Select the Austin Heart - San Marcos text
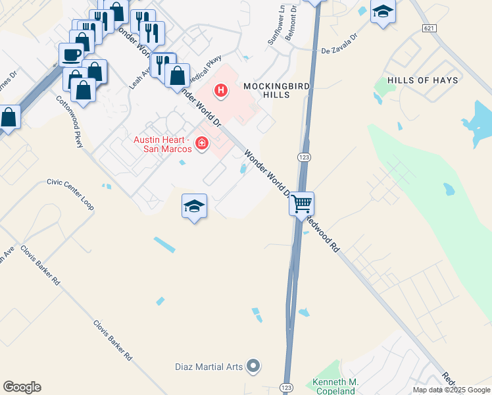click(162, 144)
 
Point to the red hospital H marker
click(221, 90)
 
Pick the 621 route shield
click(430, 28)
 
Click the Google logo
click(22, 387)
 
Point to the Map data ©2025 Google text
click(451, 390)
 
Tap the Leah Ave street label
click(136, 76)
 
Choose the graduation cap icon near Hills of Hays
click(383, 11)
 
